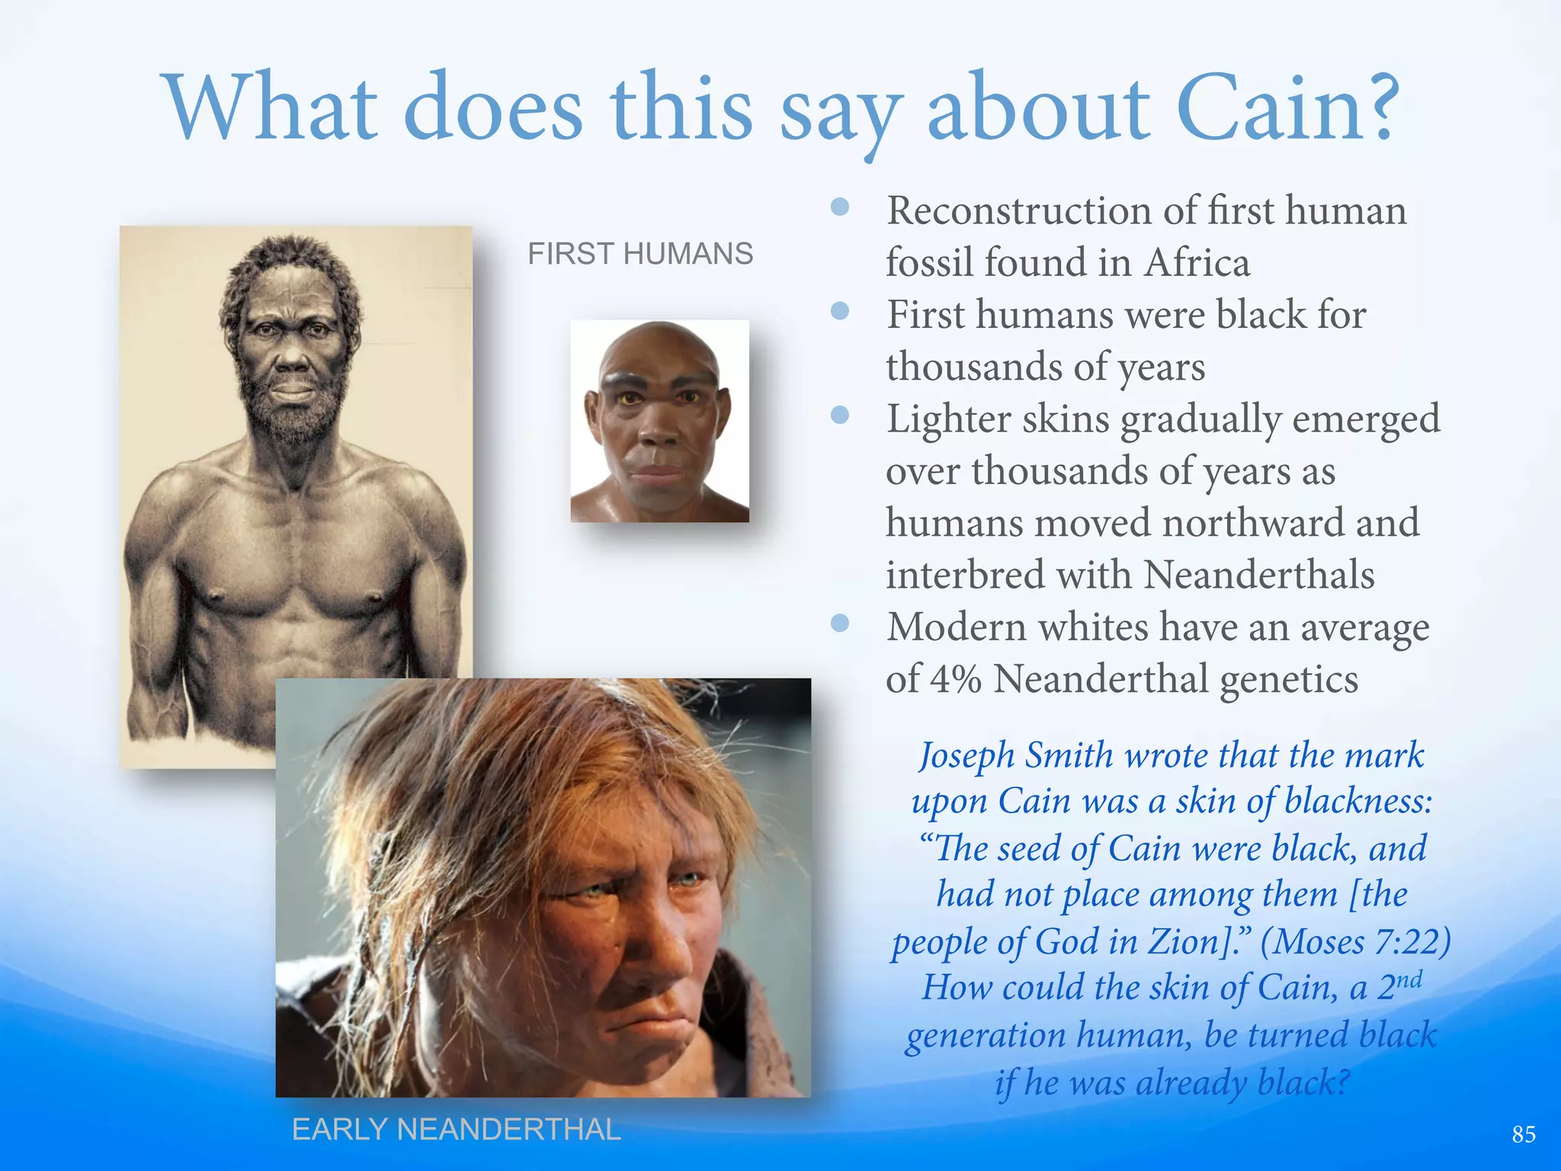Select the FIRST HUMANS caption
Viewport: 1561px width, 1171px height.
pyautogui.click(x=640, y=254)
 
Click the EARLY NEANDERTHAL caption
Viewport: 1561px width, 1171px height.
pyautogui.click(x=456, y=1129)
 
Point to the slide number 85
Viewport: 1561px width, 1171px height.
pyautogui.click(x=1523, y=1134)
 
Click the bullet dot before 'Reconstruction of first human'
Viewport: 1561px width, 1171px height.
pyautogui.click(x=840, y=207)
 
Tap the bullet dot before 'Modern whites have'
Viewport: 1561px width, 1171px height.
pyautogui.click(x=840, y=624)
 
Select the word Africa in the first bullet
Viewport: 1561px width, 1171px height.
pyautogui.click(x=1197, y=263)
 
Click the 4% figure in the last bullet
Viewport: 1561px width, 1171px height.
pyautogui.click(x=955, y=679)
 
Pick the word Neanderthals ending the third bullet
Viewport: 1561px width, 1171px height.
pyautogui.click(x=1259, y=575)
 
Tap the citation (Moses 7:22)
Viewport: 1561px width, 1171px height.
pyautogui.click(x=1355, y=942)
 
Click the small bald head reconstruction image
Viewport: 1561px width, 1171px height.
pyautogui.click(x=659, y=421)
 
